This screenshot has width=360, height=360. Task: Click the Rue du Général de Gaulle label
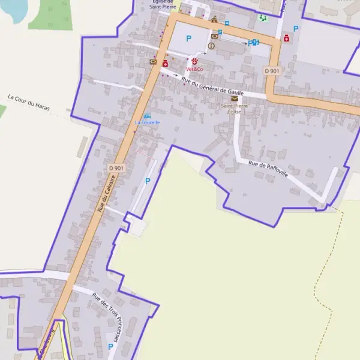pyautogui.click(x=212, y=88)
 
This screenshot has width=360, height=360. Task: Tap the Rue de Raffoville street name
pyautogui.click(x=268, y=169)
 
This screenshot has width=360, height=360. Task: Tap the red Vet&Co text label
pyautogui.click(x=194, y=70)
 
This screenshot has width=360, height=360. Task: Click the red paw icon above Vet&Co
pyautogui.click(x=194, y=61)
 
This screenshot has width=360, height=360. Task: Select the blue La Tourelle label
pyautogui.click(x=147, y=122)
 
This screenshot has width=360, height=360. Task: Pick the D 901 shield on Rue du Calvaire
pyautogui.click(x=116, y=169)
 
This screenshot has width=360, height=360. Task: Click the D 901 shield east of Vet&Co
pyautogui.click(x=272, y=71)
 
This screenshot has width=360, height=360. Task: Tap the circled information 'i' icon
pyautogui.click(x=211, y=46)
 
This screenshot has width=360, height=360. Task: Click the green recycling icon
pyautogui.click(x=262, y=18)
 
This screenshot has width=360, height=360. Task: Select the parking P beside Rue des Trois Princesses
pyautogui.click(x=110, y=346)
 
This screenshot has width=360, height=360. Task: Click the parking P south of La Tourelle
pyautogui.click(x=148, y=181)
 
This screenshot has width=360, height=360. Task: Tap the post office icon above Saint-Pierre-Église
pyautogui.click(x=234, y=98)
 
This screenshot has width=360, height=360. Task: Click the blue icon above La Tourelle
pyautogui.click(x=148, y=115)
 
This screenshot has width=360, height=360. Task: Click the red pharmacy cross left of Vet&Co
pyautogui.click(x=165, y=63)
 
